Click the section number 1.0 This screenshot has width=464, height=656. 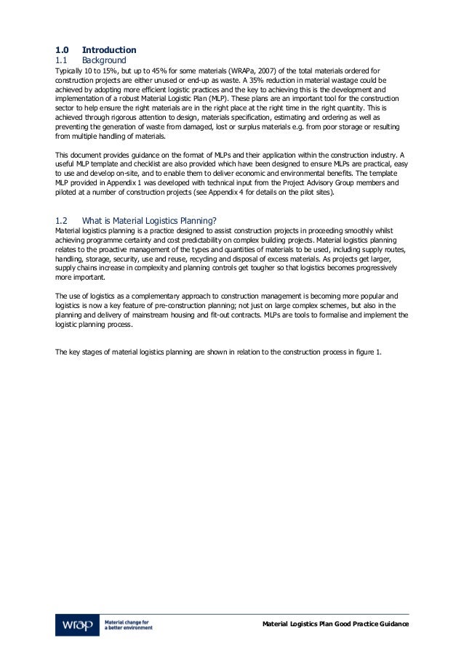[x=63, y=49]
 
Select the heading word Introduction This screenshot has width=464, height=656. [x=109, y=49]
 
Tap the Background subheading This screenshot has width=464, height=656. [x=104, y=60]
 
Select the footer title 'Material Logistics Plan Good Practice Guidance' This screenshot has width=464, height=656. [x=336, y=625]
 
